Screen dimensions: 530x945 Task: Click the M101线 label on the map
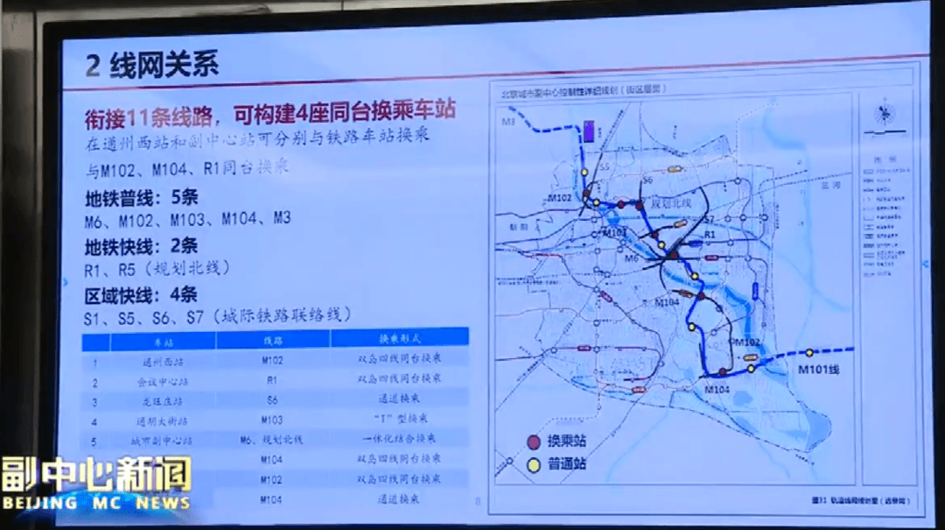click(x=818, y=371)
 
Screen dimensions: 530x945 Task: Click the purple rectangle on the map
click(x=590, y=133)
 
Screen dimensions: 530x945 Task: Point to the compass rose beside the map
click(x=885, y=111)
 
